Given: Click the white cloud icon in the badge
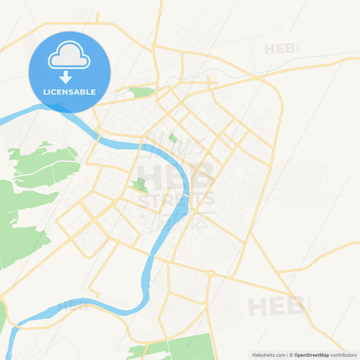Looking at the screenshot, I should pos(70,57).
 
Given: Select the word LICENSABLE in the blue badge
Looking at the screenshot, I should pos(70,92).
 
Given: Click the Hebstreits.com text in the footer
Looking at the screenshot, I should pos(267,355).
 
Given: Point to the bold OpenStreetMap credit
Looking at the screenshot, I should pos(311,355).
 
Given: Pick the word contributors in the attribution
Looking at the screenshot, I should pos(343,355).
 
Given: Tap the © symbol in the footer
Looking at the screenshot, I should pos(291,355).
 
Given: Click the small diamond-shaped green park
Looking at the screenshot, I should pos(173,138).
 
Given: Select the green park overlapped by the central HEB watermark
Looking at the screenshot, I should pos(140,184).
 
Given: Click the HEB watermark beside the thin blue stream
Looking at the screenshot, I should pos(280,49).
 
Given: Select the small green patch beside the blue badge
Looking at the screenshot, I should pos(141,92).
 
